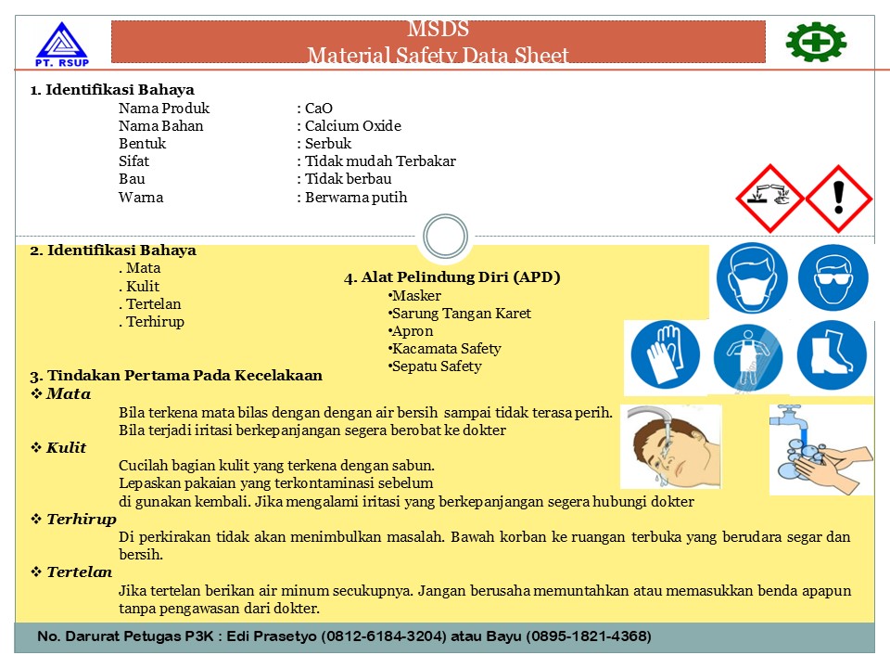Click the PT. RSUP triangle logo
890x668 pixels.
(62, 45)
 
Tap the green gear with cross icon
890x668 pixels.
(816, 42)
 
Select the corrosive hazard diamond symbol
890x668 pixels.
(769, 199)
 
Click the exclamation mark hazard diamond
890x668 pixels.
(839, 199)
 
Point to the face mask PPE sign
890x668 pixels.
(752, 277)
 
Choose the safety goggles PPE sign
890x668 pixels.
(833, 277)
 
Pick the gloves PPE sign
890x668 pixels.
(666, 355)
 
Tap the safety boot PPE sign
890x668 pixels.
(832, 355)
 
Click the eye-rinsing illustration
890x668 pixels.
(671, 446)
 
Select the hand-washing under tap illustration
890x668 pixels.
(820, 449)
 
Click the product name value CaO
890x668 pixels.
(318, 108)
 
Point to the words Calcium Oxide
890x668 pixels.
(353, 125)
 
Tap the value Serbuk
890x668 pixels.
(328, 143)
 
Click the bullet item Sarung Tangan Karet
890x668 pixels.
(462, 314)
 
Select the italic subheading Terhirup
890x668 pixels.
(82, 520)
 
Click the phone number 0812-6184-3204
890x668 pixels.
(384, 636)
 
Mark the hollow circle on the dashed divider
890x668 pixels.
(446, 237)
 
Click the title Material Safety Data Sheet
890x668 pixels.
(438, 55)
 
